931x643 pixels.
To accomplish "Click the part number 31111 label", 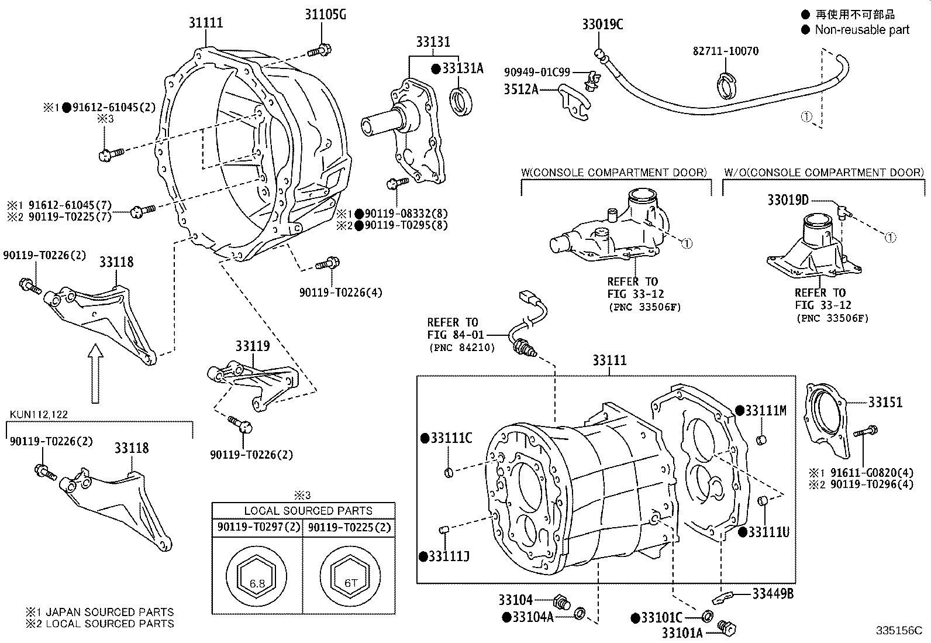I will tap(205, 23).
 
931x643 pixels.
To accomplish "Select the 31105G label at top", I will tap(325, 14).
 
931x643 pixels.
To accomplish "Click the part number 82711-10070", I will tap(726, 51).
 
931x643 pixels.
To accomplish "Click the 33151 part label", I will tap(885, 402).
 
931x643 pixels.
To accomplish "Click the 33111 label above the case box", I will tap(609, 360).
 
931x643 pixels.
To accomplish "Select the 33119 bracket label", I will tap(253, 346).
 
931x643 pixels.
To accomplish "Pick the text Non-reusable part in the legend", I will tap(862, 29).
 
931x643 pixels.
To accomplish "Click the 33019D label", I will tap(787, 201).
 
